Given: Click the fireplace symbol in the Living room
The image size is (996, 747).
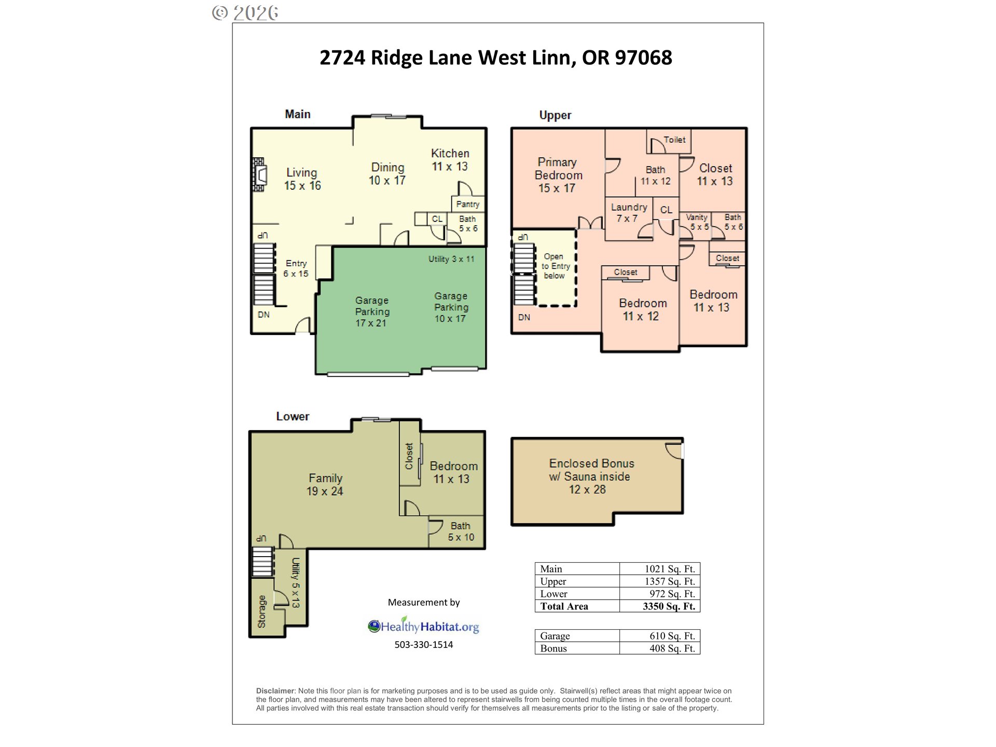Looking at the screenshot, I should (259, 175).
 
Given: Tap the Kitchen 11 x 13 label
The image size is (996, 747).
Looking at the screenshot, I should (450, 160).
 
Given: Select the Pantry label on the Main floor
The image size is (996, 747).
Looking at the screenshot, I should (467, 204).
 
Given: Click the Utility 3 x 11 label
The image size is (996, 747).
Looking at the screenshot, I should (451, 259).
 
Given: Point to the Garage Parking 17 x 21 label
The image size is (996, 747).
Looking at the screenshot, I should (371, 311).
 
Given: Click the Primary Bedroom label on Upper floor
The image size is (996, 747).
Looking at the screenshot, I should (558, 175).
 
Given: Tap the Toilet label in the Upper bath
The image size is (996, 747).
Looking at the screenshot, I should (674, 140).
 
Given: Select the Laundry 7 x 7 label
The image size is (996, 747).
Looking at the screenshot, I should (629, 213).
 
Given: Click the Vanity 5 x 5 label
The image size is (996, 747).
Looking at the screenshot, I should (697, 222).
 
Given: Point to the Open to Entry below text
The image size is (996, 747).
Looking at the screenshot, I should (556, 266).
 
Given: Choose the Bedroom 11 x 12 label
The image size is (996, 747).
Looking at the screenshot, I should (642, 310).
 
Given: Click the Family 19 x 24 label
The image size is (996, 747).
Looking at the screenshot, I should (325, 485).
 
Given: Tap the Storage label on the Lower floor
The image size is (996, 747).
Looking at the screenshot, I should (262, 612).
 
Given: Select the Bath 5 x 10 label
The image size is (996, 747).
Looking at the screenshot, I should (461, 532).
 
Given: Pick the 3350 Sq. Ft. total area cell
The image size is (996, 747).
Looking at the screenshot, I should (669, 606).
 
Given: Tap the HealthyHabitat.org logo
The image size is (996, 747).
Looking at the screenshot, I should (423, 627).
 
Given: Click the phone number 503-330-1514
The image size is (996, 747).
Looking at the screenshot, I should (423, 645).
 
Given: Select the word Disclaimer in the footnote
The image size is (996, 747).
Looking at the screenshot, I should (275, 691).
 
